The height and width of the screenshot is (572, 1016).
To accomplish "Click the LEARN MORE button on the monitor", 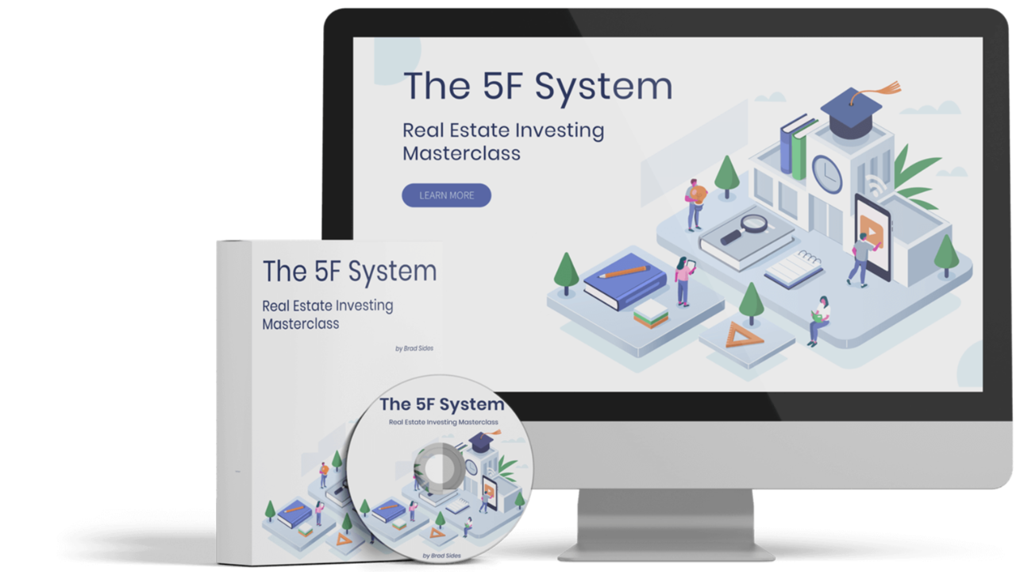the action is click(446, 195).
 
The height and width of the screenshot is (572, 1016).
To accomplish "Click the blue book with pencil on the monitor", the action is click(625, 279).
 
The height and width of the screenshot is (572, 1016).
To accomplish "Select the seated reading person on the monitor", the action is click(819, 318).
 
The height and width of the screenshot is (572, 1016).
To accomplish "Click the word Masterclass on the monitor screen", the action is click(461, 153).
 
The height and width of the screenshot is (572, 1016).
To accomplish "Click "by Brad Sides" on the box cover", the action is click(414, 347).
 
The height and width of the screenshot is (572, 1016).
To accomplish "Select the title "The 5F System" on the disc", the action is click(441, 404).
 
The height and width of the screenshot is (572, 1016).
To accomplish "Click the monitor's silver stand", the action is click(665, 524).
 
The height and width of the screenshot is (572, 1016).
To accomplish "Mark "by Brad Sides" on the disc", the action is click(441, 554).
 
